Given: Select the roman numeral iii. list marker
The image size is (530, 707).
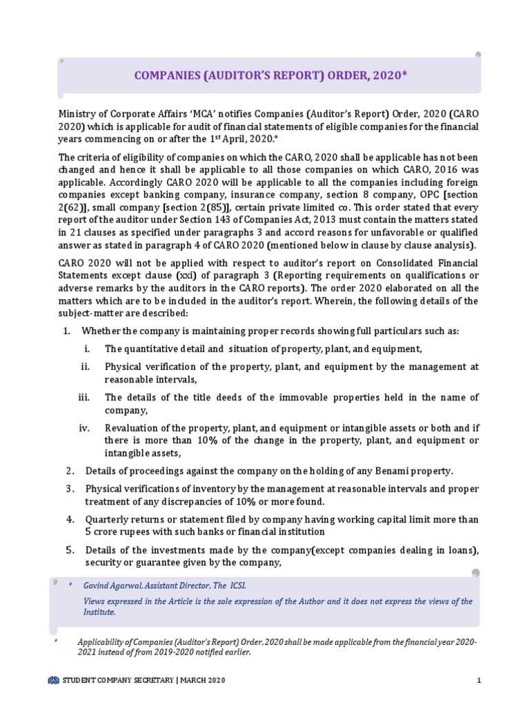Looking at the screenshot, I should [84, 397].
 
